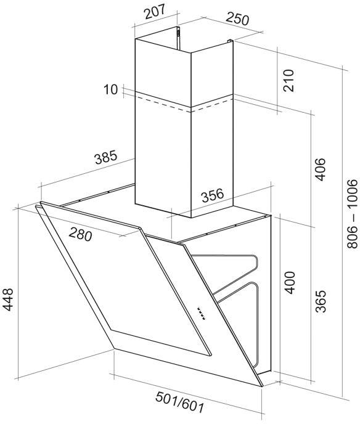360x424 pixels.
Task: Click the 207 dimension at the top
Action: pyautogui.click(x=155, y=12)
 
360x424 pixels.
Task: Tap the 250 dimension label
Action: pyautogui.click(x=237, y=18)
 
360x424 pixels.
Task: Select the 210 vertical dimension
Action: pyautogui.click(x=288, y=80)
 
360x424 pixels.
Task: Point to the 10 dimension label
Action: pyautogui.click(x=110, y=89)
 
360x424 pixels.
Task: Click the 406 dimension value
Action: pyautogui.click(x=321, y=169)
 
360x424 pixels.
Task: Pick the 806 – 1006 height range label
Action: pyautogui.click(x=352, y=213)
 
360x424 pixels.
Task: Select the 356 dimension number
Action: pyautogui.click(x=213, y=195)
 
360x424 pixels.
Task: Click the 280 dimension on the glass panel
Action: pyautogui.click(x=80, y=234)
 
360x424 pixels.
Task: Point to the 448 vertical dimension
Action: pyautogui.click(x=7, y=300)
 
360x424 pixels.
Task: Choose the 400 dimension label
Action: pyautogui.click(x=290, y=283)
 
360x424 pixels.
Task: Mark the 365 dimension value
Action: pyautogui.click(x=321, y=301)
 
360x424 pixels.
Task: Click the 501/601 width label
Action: pyautogui.click(x=179, y=403)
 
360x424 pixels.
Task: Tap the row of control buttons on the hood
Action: pyautogui.click(x=201, y=314)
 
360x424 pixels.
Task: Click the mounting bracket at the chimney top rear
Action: pyautogui.click(x=178, y=38)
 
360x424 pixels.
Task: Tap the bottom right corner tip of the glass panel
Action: pyautogui.click(x=263, y=386)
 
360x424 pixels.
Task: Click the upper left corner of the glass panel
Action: pyautogui.click(x=41, y=202)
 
